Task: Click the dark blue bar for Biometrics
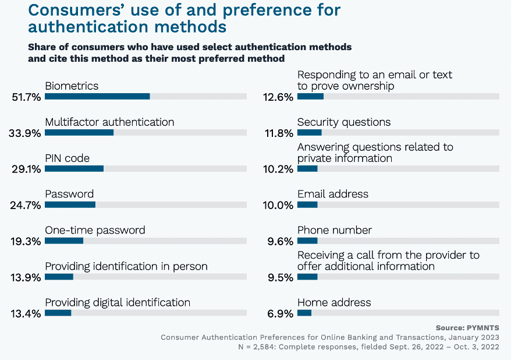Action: click(97, 97)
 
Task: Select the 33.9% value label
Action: click(24, 133)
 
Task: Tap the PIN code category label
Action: click(67, 158)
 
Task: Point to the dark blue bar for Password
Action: click(70, 205)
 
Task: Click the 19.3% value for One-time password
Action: click(24, 241)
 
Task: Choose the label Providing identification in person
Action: click(126, 266)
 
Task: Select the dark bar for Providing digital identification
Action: click(58, 313)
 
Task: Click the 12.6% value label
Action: click(278, 97)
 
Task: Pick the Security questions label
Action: click(343, 122)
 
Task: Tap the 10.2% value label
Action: click(278, 170)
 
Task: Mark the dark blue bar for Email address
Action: click(307, 205)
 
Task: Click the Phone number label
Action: click(334, 230)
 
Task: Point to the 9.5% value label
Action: click(281, 277)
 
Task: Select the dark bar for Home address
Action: click(304, 313)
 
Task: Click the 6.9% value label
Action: click(281, 313)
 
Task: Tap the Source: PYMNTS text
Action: click(467, 328)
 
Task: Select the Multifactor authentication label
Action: click(109, 122)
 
